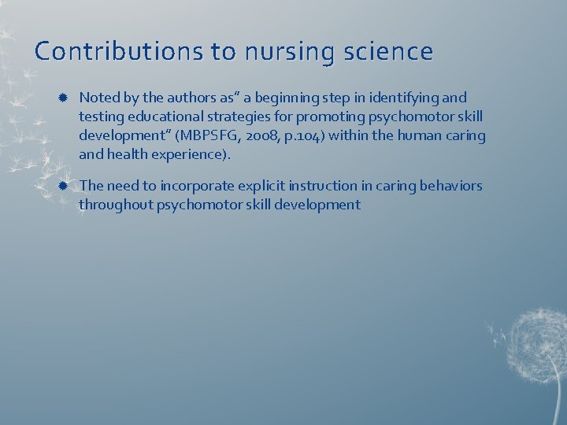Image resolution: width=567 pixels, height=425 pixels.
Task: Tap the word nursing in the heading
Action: coord(284,52)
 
